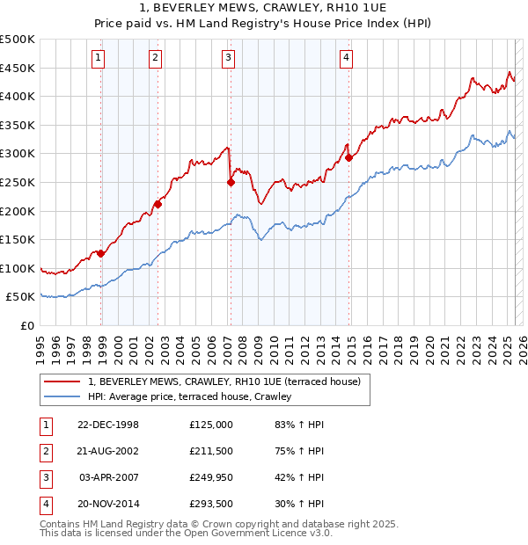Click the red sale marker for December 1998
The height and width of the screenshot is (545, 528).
[101, 253]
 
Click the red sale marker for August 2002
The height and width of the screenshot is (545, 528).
[158, 204]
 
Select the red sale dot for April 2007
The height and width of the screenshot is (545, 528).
[231, 183]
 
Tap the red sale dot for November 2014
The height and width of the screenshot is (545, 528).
[349, 157]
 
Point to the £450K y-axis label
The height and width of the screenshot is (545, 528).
[18, 68]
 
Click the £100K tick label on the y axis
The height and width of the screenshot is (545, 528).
[18, 268]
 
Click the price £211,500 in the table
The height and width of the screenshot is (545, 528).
[211, 452]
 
